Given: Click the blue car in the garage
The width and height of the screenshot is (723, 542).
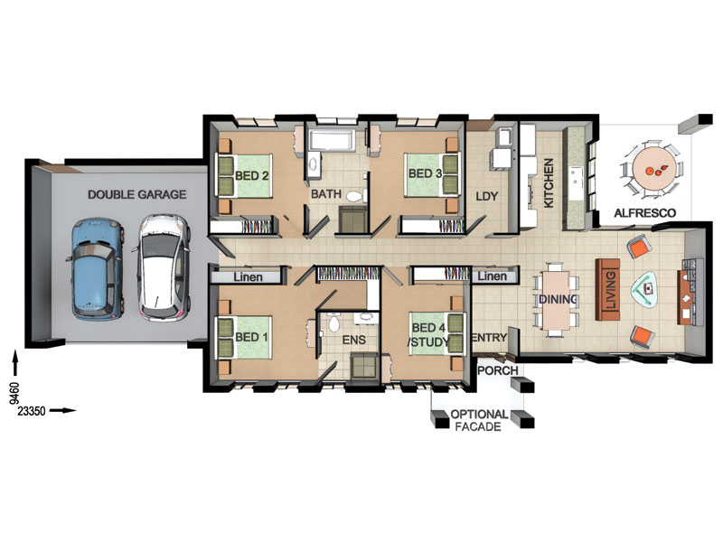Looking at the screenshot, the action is pyautogui.click(x=96, y=269).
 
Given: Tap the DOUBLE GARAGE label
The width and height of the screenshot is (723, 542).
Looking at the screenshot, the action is pyautogui.click(x=137, y=194).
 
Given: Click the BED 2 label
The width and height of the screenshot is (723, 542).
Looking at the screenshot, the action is pyautogui.click(x=252, y=175).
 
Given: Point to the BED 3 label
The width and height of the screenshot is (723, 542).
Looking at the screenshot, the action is pyautogui.click(x=425, y=173).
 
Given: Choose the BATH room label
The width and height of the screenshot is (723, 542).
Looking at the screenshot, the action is pyautogui.click(x=326, y=194).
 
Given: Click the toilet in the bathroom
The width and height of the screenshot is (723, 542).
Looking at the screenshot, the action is pyautogui.click(x=354, y=196).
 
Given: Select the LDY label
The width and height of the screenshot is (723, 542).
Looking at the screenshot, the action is pyautogui.click(x=487, y=196).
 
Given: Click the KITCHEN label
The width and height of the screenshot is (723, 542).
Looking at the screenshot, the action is pyautogui.click(x=549, y=183).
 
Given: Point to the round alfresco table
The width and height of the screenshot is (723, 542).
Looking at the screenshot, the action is pyautogui.click(x=652, y=168).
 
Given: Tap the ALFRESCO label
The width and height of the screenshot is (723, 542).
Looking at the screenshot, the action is pyautogui.click(x=645, y=213).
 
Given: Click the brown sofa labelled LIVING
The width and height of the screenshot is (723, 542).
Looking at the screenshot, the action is pyautogui.click(x=607, y=289).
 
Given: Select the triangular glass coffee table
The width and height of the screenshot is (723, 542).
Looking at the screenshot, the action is pyautogui.click(x=645, y=289).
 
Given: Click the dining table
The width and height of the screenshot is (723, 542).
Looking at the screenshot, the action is pyautogui.click(x=557, y=300).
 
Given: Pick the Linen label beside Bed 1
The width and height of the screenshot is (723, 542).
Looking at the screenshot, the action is pyautogui.click(x=248, y=277).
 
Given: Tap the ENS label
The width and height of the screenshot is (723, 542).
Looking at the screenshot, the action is pyautogui.click(x=354, y=341).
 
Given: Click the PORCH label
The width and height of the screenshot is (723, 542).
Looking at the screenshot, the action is pyautogui.click(x=498, y=370).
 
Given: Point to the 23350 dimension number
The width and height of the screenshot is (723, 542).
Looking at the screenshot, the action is pyautogui.click(x=32, y=411).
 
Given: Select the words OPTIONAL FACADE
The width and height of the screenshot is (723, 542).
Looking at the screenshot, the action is pyautogui.click(x=479, y=420).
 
